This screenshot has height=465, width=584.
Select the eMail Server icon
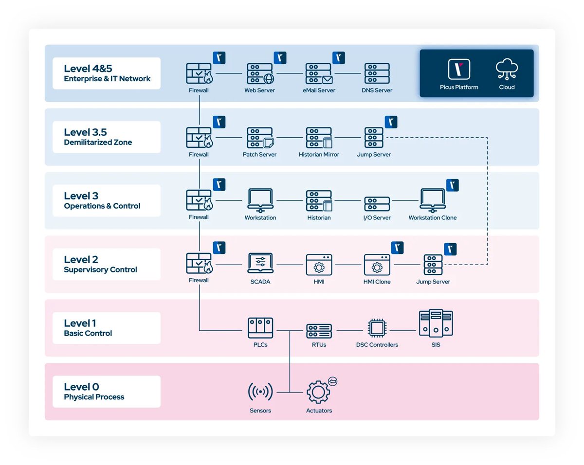tap(319, 74)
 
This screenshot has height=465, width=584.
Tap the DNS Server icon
tap(377, 74)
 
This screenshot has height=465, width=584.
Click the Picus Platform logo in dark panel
tap(459, 69)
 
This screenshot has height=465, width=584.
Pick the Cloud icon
tap(507, 69)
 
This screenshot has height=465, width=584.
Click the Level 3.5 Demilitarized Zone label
tap(106, 137)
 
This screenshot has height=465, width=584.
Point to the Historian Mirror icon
tap(319, 138)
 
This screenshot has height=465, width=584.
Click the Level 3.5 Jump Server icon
tap(374, 138)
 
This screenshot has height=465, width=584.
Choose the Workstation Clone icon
tap(433, 200)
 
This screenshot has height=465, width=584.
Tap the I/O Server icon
tap(377, 203)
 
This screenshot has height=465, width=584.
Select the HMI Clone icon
tap(377, 265)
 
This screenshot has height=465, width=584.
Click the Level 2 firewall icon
tap(199, 264)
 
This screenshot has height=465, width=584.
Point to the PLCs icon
tap(260, 328)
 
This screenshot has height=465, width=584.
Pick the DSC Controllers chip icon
tap(377, 328)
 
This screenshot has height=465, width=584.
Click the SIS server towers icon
tap(436, 323)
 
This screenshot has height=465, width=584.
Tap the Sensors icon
tap(260, 392)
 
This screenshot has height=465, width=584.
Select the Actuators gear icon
tap(319, 392)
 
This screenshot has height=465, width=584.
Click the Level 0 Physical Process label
tap(106, 392)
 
